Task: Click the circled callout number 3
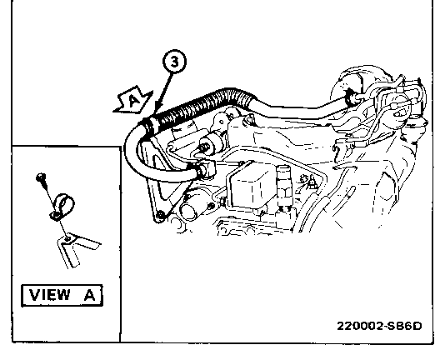tap(174, 62)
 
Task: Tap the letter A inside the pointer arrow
tap(134, 100)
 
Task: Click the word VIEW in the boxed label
tap(50, 295)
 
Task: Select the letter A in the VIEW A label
tap(90, 295)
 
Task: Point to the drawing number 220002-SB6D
tap(379, 326)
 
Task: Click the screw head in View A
tap(41, 177)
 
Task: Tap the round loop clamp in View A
tap(62, 206)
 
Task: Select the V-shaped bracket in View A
tap(77, 247)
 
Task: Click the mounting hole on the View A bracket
tap(67, 239)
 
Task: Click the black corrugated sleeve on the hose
tap(205, 105)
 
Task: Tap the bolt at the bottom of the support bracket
tap(160, 216)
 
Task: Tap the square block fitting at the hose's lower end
tap(207, 168)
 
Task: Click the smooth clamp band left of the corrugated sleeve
tap(148, 126)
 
